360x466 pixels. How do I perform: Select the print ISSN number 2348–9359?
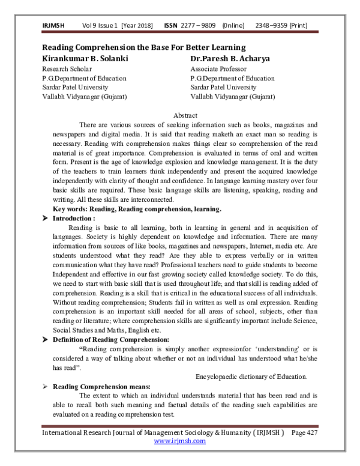coord(275,26)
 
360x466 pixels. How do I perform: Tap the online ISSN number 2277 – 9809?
coord(198,26)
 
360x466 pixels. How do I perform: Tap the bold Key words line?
coord(137,209)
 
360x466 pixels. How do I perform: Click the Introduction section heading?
coord(76,219)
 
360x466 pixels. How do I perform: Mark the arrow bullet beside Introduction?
coord(45,219)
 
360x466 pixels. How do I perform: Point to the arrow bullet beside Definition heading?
coord(45,339)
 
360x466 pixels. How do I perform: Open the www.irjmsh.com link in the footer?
coord(180,440)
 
